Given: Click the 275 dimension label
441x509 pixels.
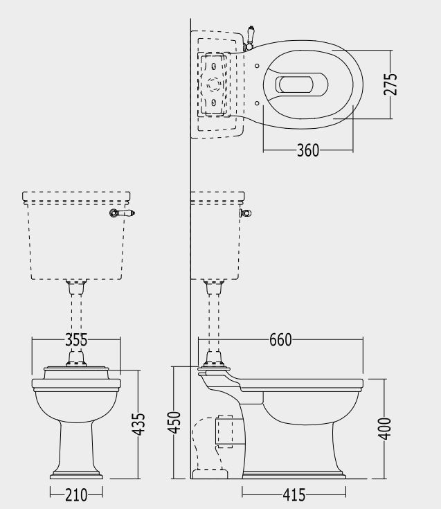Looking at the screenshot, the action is tap(390, 84).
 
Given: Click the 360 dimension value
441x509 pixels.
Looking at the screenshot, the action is tap(308, 150).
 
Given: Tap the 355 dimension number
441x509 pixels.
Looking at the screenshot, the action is tap(76, 340).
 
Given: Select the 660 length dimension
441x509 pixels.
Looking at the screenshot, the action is tap(280, 340).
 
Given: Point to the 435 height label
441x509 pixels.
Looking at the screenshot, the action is tap(138, 424).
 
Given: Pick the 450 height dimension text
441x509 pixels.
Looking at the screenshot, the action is tap(174, 422).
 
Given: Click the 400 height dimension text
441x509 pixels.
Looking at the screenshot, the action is tap(385, 429).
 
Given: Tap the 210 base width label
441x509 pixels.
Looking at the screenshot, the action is tap(76, 495).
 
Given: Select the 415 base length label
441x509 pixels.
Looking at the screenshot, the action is tap(294, 495).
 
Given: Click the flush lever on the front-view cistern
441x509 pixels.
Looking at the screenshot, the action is tap(122, 213).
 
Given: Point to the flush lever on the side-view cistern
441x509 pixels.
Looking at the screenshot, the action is tap(246, 213).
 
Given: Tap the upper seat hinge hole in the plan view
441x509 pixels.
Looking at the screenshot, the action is tap(257, 66).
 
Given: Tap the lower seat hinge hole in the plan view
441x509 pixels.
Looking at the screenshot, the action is tap(257, 103).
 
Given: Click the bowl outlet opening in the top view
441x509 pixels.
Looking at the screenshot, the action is tap(296, 84).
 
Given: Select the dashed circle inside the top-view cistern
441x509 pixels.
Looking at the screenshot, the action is tap(214, 84).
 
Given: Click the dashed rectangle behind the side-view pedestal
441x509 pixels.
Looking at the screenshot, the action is tap(224, 431).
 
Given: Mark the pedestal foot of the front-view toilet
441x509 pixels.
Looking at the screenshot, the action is tap(76, 474).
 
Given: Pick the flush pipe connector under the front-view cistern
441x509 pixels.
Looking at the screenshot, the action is tap(76, 287).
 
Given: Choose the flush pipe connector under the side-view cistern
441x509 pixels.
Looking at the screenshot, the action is tap(214, 287).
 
